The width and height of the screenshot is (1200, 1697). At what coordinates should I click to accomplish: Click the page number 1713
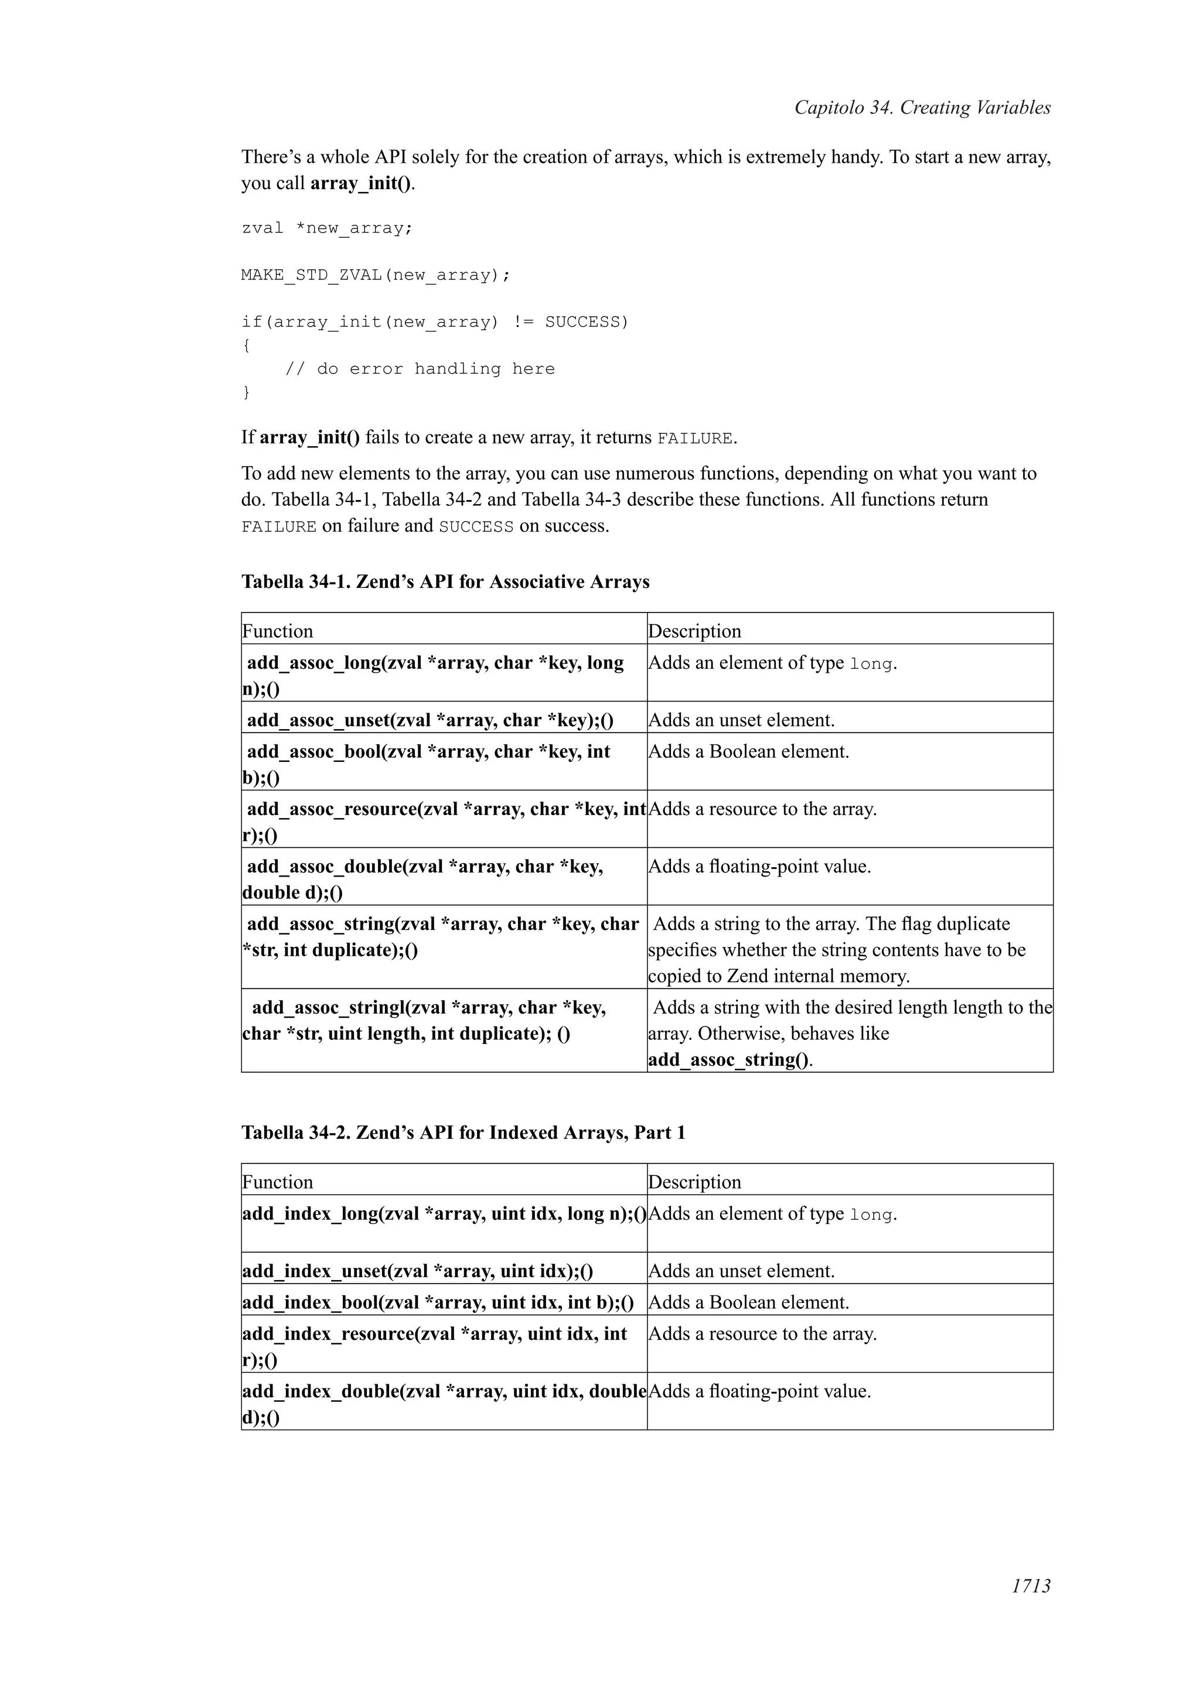[1031, 1606]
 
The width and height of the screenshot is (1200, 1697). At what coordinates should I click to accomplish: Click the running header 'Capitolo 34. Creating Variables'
[922, 108]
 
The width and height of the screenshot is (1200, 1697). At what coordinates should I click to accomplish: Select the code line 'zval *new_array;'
[327, 228]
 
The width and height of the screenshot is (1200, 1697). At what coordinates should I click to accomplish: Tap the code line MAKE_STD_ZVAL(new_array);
[376, 276]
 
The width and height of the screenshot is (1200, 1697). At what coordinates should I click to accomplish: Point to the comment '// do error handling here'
[420, 369]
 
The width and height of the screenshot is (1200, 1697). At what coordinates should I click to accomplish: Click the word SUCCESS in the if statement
[585, 322]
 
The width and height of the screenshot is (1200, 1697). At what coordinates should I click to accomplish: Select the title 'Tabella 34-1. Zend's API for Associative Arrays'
[445, 581]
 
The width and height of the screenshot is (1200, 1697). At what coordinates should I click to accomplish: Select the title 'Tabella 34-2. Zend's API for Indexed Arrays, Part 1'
[463, 1133]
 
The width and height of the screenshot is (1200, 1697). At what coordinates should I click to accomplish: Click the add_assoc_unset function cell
[430, 720]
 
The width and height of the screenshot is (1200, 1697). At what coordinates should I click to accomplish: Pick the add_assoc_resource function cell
[444, 820]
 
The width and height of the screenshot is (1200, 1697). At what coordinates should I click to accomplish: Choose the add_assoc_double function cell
[425, 878]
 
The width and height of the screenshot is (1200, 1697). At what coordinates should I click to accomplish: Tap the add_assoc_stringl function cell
[429, 1021]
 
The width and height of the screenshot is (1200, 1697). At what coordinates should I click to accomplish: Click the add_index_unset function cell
[418, 1271]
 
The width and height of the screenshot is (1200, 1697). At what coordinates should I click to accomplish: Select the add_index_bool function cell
[438, 1302]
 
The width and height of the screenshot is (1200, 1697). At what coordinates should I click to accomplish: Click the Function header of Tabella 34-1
[278, 631]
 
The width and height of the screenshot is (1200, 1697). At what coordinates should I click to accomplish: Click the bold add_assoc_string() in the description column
[729, 1060]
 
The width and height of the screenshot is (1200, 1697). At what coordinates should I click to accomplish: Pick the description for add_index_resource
[762, 1334]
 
